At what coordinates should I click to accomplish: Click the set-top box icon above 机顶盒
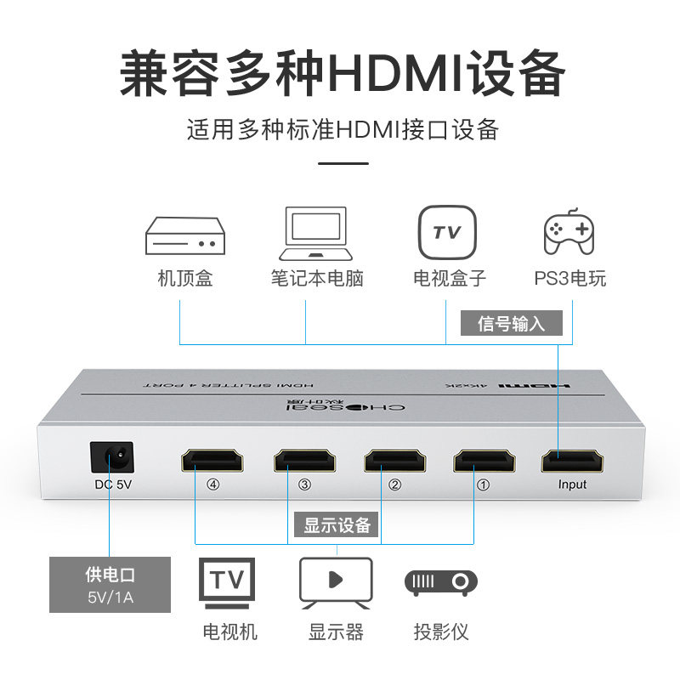click(184, 235)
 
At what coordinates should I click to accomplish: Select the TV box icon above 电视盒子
click(447, 232)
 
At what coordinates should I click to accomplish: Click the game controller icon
click(569, 232)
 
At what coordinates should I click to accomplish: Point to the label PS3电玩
click(569, 279)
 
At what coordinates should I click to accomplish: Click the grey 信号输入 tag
click(511, 324)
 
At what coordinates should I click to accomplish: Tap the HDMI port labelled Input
click(572, 460)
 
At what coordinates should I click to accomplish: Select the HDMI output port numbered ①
click(484, 460)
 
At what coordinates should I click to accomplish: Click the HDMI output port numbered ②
click(394, 460)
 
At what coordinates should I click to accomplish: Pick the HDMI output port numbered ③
click(304, 460)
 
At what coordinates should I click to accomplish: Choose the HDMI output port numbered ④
click(212, 460)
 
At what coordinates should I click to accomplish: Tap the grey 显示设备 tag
click(338, 525)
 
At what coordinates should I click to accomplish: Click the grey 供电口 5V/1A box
click(110, 584)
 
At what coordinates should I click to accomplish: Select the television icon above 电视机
click(227, 581)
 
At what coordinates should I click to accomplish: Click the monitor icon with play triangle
click(336, 582)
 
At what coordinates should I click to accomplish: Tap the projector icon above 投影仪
click(440, 582)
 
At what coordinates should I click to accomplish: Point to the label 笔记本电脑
click(317, 279)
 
